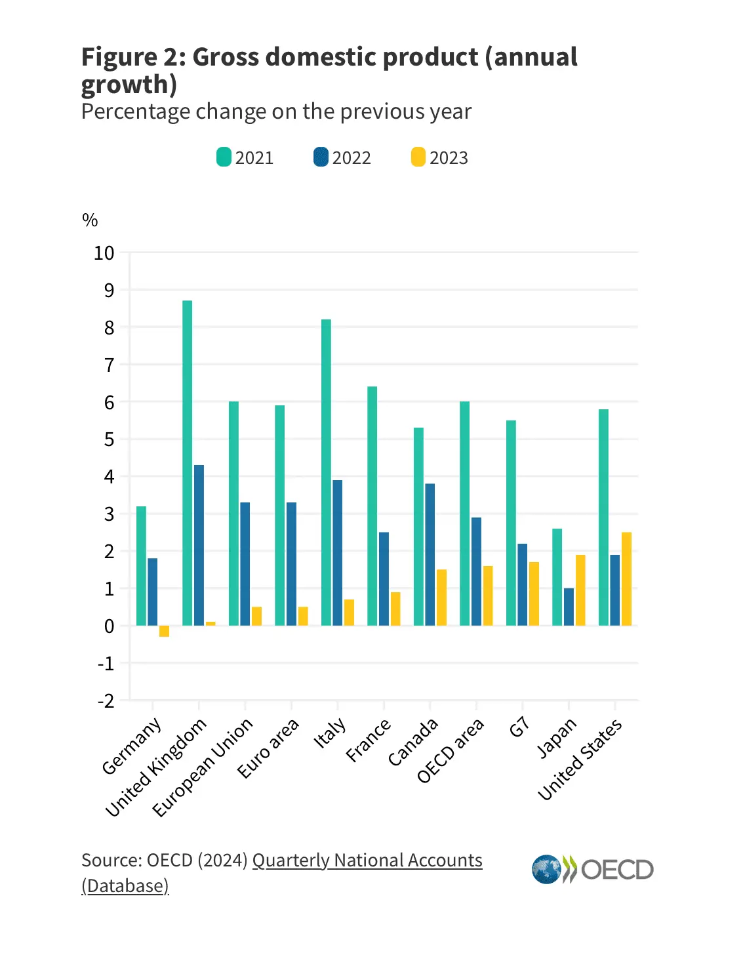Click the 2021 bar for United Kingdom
pos(188,462)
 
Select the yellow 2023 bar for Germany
pos(165,631)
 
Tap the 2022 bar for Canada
pos(430,554)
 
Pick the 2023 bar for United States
pos(627,578)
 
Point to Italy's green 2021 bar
pos(326,472)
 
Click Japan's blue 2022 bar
pos(569,607)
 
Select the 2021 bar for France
pos(372,506)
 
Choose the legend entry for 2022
pos(342,158)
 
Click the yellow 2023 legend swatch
pos(418,157)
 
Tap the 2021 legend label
pos(254,158)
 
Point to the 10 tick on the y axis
pos(104,253)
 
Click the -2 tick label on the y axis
pos(106,701)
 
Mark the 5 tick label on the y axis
pos(109,439)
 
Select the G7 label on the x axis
pos(519,727)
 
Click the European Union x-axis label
pos(203,767)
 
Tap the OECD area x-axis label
pos(451,750)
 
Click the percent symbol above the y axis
pos(90,220)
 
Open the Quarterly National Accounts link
pos(367,861)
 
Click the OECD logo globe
pos(546,870)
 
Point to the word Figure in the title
pos(118,58)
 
